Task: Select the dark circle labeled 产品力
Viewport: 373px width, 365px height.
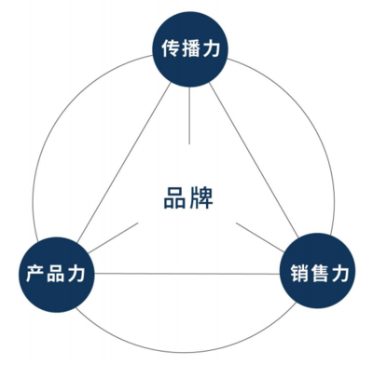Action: (56, 274)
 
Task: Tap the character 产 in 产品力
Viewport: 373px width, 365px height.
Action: (35, 275)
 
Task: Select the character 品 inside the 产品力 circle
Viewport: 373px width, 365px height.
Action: (56, 275)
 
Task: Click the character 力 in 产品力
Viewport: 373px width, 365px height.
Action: (77, 275)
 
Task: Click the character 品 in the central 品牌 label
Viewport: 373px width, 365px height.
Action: (171, 197)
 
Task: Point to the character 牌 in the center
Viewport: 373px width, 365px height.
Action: (199, 197)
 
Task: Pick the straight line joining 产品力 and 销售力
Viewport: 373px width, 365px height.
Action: (186, 274)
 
